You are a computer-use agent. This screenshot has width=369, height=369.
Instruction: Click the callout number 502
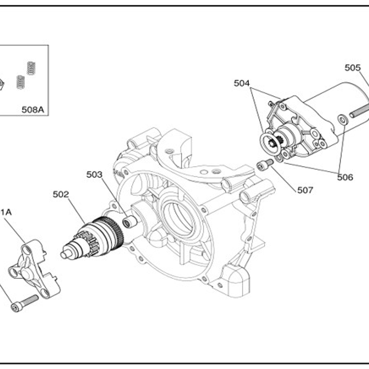(x=61, y=195)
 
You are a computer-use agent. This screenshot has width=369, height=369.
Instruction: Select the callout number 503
(x=94, y=175)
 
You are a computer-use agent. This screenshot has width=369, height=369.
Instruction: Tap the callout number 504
(x=242, y=84)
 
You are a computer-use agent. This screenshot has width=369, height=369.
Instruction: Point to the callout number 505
(x=352, y=68)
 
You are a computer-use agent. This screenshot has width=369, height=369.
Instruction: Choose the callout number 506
(x=345, y=177)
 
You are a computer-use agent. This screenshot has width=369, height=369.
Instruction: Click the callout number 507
(x=305, y=190)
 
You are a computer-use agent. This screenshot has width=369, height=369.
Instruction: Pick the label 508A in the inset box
(x=33, y=110)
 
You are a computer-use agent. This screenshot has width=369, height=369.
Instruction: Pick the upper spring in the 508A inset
(x=31, y=68)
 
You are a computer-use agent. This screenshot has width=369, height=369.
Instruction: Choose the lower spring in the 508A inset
(x=20, y=82)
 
